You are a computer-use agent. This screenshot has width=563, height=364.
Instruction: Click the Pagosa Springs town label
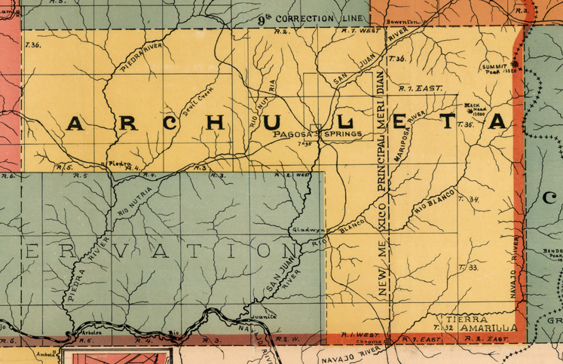tap(317, 134)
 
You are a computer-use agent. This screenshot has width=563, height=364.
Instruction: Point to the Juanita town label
tap(261, 317)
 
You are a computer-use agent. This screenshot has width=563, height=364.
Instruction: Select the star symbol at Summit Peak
tap(517, 65)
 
